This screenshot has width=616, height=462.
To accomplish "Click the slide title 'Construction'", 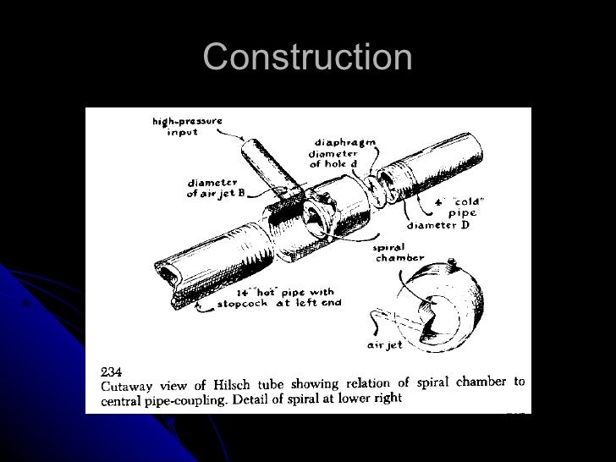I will coord(308,58).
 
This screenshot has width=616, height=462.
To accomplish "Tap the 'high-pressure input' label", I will coord(187,127).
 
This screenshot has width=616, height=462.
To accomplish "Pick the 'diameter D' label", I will coord(437,226).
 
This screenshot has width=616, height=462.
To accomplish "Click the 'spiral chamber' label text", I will coord(396,253).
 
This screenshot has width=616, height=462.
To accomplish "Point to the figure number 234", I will coord(112,371).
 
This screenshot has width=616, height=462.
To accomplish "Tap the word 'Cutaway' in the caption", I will coord(127,383).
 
